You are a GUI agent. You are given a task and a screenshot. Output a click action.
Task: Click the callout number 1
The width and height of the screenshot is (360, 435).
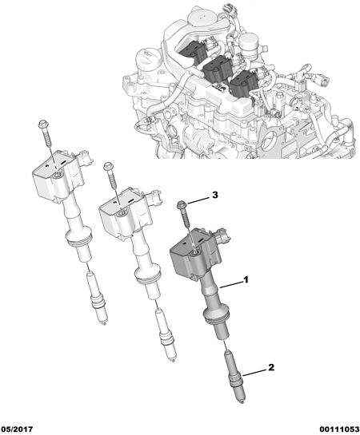[x=246, y=279]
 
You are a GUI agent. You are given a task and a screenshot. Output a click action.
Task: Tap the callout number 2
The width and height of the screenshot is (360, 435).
[x=271, y=367]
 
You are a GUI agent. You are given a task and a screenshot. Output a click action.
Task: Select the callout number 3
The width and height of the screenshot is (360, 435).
[x=215, y=195]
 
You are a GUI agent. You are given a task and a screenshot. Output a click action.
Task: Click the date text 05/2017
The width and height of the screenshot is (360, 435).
[x=18, y=429]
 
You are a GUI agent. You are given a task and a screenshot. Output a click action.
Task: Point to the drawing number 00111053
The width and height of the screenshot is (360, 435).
[x=339, y=429]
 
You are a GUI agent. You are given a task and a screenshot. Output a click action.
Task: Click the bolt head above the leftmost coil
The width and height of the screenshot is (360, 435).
[x=43, y=124]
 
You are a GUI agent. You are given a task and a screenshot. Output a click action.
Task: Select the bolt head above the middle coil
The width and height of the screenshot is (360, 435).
[x=108, y=166]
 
